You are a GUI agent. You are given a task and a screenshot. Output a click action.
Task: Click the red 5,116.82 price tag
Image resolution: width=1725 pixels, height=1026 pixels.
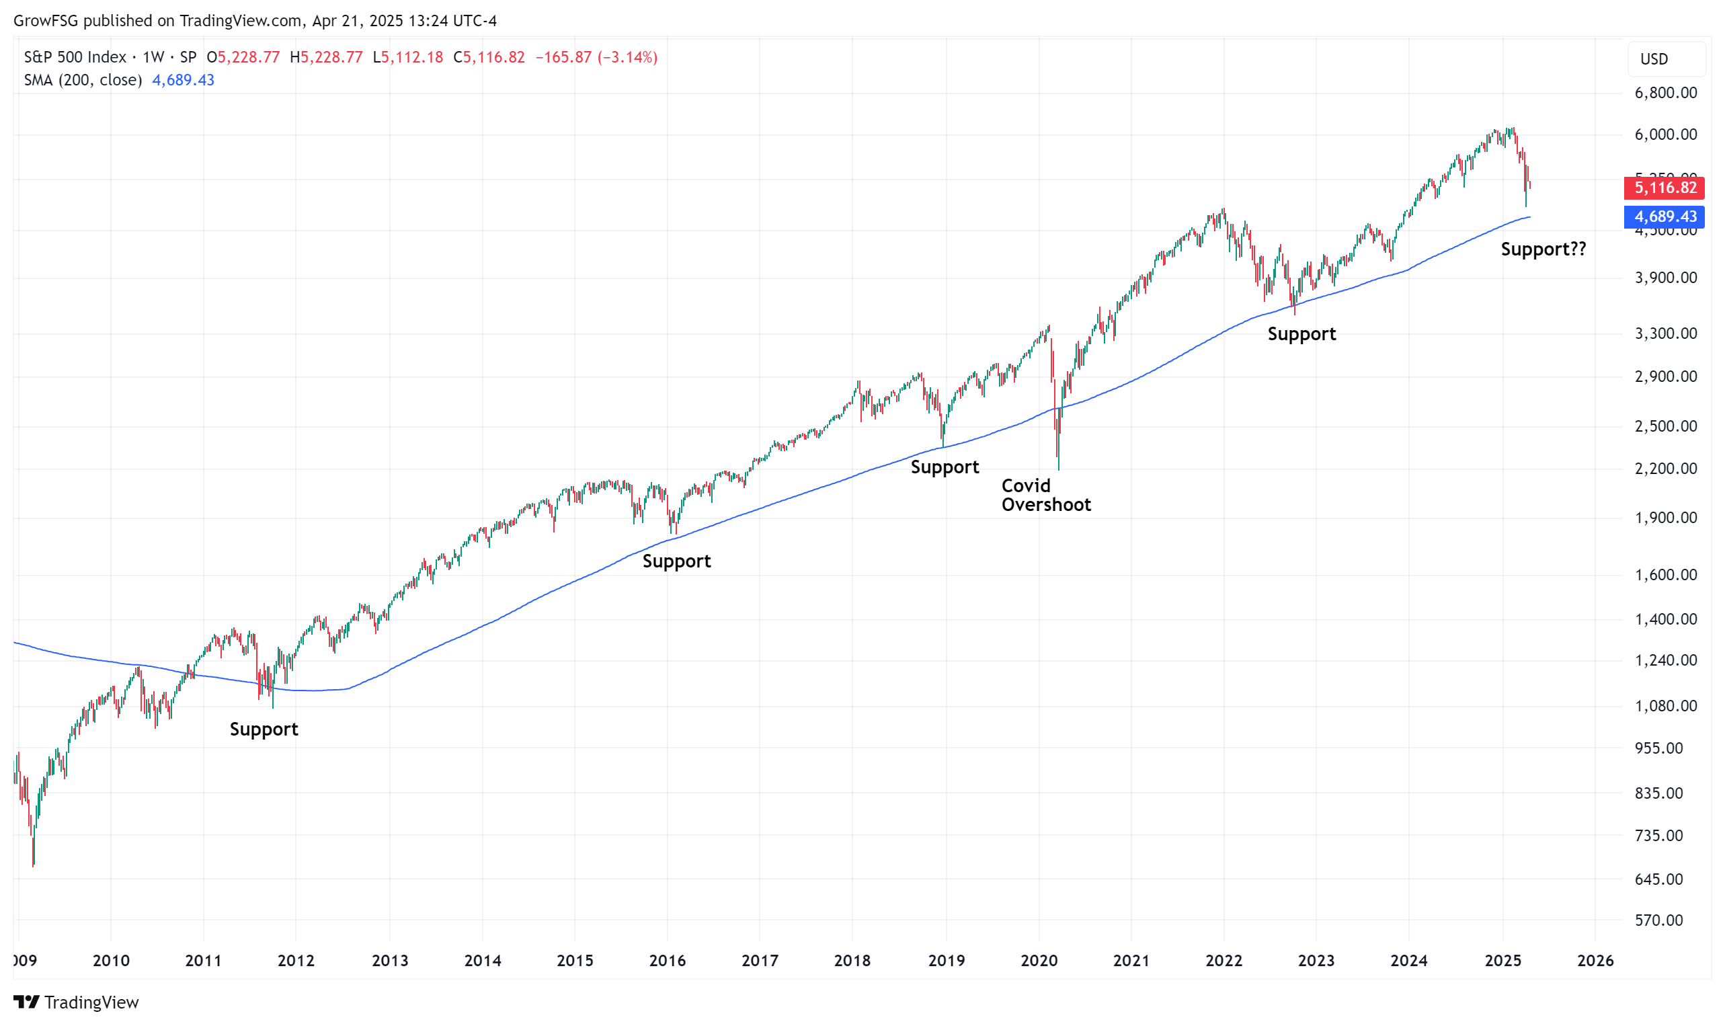[1664, 188]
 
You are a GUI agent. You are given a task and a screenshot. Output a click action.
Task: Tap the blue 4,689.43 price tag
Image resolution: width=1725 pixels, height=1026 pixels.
[1664, 216]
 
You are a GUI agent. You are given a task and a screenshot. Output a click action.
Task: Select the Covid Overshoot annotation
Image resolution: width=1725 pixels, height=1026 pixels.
[1045, 495]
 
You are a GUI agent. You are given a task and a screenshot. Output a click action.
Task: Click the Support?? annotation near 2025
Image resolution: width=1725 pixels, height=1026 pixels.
[1543, 249]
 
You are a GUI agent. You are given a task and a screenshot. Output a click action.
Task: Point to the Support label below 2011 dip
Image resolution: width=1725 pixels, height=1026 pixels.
[264, 729]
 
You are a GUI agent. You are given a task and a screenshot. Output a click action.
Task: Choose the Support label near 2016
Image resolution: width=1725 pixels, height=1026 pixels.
[676, 561]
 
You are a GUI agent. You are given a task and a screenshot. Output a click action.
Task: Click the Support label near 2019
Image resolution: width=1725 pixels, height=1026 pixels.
[944, 467]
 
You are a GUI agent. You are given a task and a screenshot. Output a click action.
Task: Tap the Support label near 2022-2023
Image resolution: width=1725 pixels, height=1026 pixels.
[1301, 334]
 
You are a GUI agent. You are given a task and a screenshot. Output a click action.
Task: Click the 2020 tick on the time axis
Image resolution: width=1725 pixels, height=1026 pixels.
[1039, 960]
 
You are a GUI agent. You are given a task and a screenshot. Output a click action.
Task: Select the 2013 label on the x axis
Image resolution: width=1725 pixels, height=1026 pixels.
[390, 960]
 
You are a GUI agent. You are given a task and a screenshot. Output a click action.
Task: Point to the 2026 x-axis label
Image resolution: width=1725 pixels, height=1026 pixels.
[1595, 960]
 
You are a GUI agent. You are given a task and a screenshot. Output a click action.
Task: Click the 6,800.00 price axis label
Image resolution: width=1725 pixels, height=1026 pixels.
[1665, 93]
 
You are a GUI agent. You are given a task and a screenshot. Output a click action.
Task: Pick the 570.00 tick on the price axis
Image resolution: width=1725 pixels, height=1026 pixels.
[1658, 920]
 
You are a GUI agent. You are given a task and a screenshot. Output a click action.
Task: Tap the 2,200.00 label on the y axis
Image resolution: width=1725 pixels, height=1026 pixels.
[1665, 469]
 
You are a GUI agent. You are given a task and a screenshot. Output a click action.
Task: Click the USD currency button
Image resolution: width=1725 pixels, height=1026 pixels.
[1654, 59]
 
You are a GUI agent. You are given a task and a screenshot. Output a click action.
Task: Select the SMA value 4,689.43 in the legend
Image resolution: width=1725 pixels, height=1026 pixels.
[183, 80]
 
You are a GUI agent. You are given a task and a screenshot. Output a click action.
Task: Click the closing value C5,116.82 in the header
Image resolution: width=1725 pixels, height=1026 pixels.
[489, 57]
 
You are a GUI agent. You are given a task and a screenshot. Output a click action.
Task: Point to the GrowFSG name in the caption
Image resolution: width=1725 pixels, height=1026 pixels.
[46, 21]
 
